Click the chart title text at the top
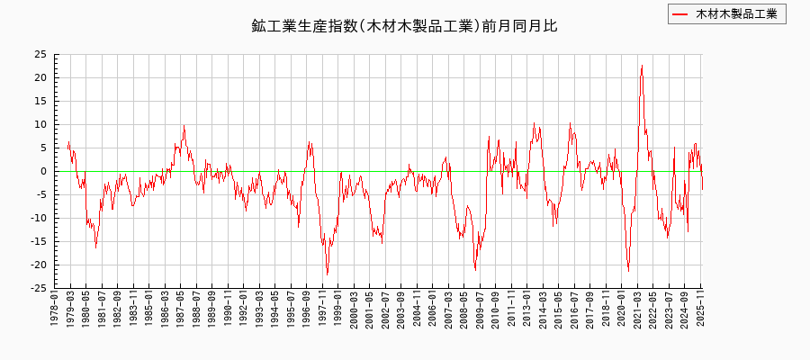(x=404, y=26)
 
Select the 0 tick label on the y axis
(x=44, y=171)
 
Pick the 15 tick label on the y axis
(x=41, y=101)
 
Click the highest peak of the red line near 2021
(x=642, y=66)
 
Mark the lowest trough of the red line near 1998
(x=327, y=274)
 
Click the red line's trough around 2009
(x=475, y=270)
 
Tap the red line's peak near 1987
(x=184, y=126)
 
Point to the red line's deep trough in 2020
(x=628, y=271)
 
